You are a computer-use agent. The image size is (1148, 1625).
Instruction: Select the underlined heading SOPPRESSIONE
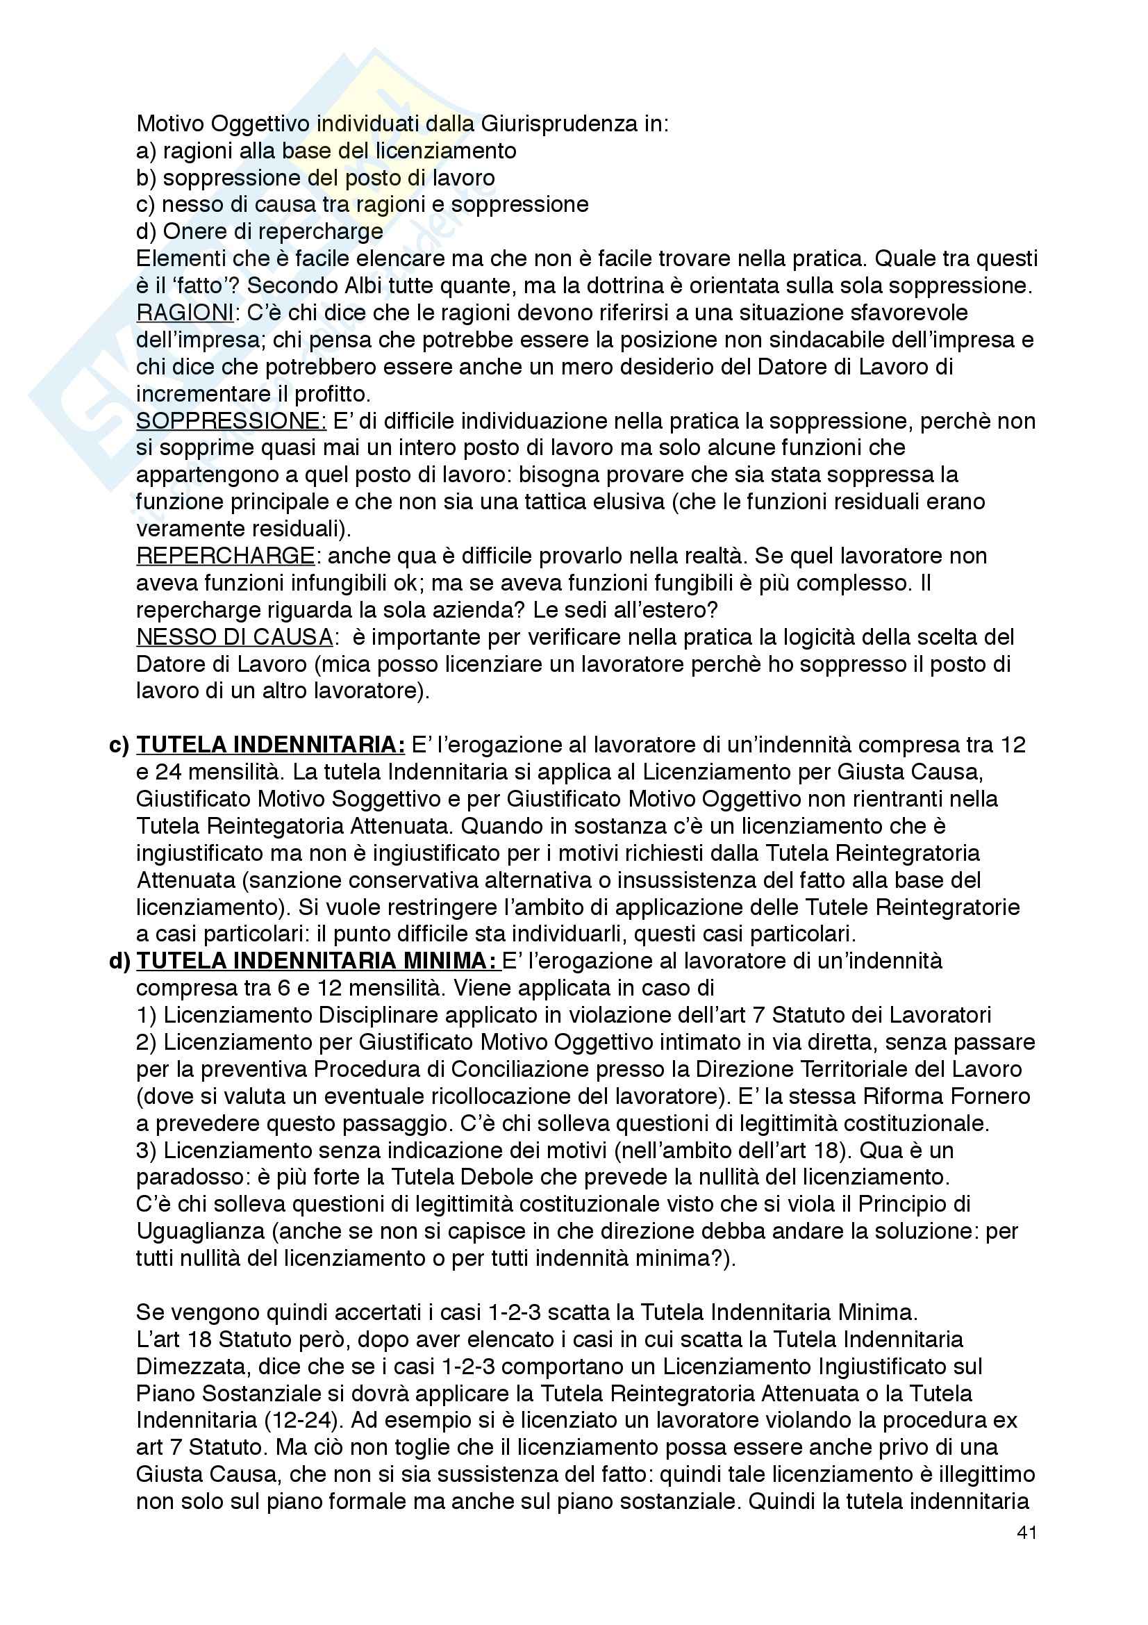coord(231,421)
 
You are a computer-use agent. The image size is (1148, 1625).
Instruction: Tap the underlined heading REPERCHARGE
coord(225,556)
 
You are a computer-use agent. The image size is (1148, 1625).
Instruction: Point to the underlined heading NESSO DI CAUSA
coord(234,637)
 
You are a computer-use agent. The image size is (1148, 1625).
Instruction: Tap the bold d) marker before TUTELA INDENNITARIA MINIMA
coord(119,961)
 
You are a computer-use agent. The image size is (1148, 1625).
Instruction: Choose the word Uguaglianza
coord(200,1232)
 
